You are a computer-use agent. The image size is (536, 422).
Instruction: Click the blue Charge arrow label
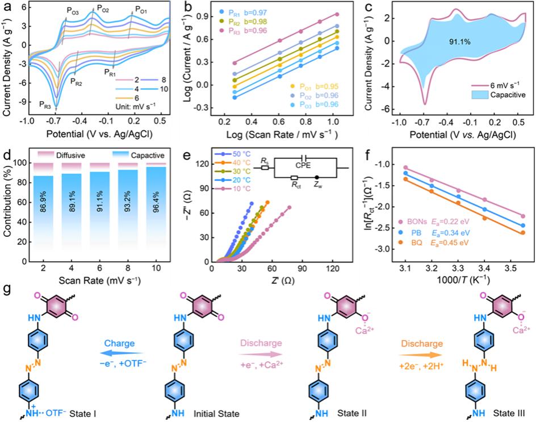(x=119, y=344)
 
